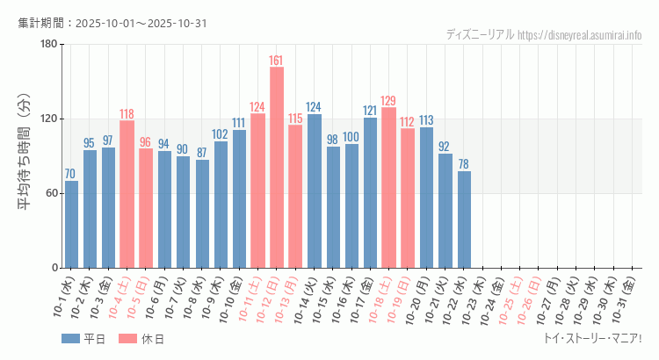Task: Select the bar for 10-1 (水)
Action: pyautogui.click(x=71, y=224)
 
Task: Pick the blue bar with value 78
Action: pyautogui.click(x=464, y=220)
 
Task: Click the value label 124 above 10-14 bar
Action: pyautogui.click(x=314, y=107)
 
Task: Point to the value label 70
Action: pyautogui.click(x=71, y=174)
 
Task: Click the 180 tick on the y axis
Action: pyautogui.click(x=48, y=44)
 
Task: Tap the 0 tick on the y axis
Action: pyautogui.click(x=54, y=268)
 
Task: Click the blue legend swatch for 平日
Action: pyautogui.click(x=71, y=339)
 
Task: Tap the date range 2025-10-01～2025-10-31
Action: pyautogui.click(x=141, y=23)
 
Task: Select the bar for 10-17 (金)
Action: pyautogui.click(x=370, y=192)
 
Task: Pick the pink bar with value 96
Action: pyautogui.click(x=146, y=208)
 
